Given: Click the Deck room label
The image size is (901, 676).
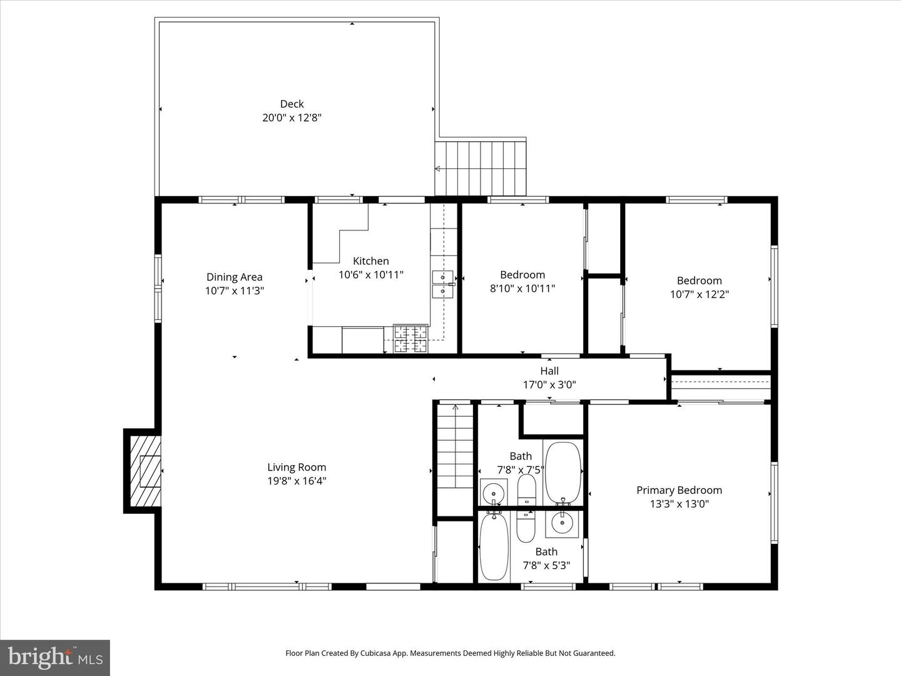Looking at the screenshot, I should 292,104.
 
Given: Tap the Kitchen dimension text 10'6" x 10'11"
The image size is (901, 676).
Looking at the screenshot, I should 371,275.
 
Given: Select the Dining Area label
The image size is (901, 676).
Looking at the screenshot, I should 234,277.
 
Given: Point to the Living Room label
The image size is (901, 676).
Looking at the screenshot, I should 297,467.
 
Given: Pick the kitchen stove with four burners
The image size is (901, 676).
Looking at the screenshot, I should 411,339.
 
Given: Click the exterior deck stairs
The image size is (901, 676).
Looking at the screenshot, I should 481,168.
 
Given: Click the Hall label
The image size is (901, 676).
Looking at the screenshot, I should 549,371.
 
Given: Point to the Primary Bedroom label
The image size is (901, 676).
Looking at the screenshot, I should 679,490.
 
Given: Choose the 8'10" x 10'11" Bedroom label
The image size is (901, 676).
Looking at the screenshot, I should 522,275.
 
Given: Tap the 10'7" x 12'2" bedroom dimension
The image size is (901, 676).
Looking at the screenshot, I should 699,294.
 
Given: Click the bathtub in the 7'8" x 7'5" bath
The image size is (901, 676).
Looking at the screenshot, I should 563,473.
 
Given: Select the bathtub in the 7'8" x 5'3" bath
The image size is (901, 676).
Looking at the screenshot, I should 494,547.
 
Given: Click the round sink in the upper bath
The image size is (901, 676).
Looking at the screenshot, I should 494,491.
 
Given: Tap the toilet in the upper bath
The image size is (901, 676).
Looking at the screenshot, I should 527,489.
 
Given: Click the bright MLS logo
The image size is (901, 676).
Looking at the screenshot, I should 55,657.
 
